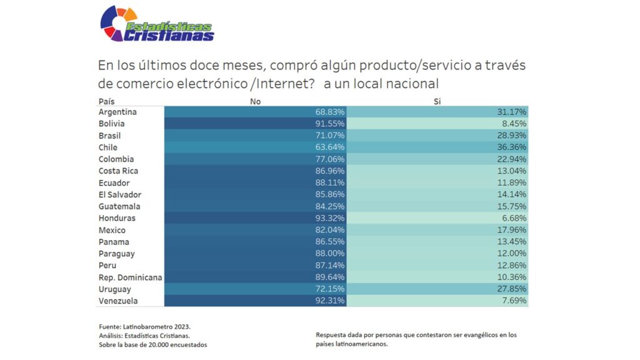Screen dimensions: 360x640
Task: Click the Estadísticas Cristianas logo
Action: coord(156,24)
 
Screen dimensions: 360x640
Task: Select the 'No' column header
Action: coord(255,101)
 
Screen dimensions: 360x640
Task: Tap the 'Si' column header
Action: coord(437,101)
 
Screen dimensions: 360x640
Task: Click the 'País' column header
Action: coord(107,101)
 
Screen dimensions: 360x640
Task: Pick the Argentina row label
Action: coord(117,112)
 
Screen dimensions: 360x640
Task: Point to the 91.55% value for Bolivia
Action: coord(329,124)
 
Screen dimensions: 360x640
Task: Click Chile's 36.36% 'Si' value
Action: coord(512,147)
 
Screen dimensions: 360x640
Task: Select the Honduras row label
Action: coord(117,218)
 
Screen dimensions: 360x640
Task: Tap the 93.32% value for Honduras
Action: coord(329,218)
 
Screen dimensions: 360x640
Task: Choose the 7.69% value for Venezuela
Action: coord(514,301)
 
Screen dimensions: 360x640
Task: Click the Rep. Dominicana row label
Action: coord(130,277)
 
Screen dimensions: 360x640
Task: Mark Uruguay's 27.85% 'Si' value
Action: coord(512,289)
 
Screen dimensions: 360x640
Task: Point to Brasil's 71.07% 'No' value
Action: coord(329,136)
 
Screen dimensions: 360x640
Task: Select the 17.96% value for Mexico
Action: coord(512,230)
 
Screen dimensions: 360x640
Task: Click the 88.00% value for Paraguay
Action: coord(329,254)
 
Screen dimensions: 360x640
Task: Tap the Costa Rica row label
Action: coord(118,171)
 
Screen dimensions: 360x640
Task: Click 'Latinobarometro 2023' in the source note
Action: coord(157,327)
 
